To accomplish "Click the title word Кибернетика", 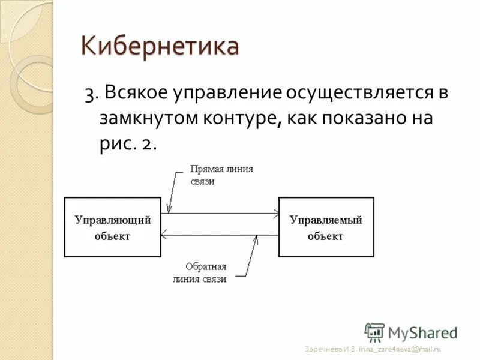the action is click(x=160, y=47).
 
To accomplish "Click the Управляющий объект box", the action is click(x=112, y=227).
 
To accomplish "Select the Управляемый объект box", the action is click(x=326, y=227).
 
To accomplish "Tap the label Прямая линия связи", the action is click(x=221, y=175).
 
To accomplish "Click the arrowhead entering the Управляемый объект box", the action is click(x=275, y=212).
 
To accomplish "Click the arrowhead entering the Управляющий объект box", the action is click(x=165, y=236).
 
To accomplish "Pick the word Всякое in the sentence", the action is click(x=137, y=93).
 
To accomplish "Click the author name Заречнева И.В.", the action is click(x=331, y=349).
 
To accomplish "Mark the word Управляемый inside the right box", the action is click(x=326, y=220).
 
